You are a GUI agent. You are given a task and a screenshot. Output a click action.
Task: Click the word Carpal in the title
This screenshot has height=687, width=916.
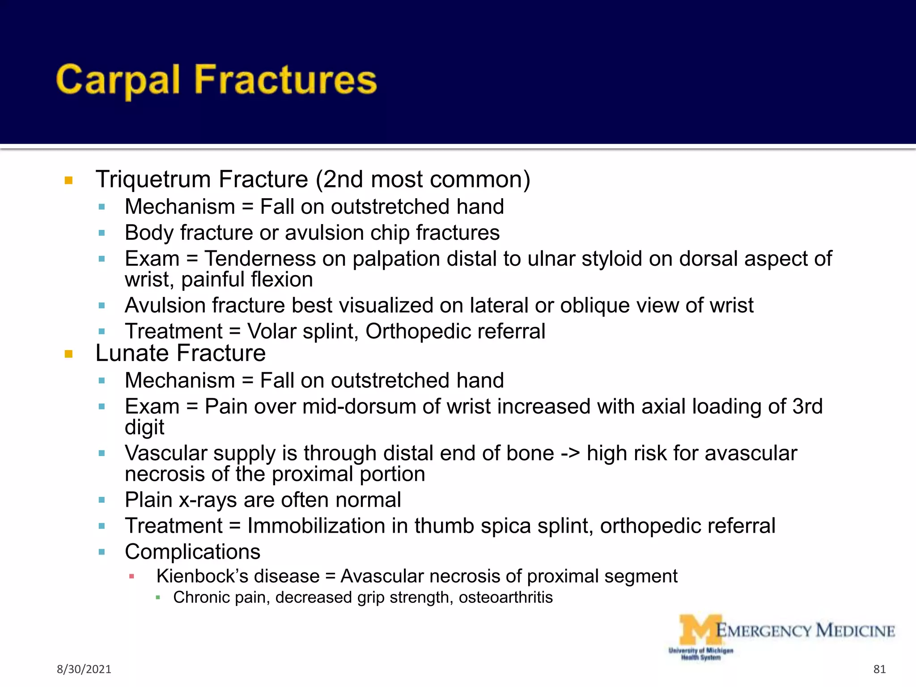point(118,81)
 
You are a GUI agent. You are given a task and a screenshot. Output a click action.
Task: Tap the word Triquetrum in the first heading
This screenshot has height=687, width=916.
point(153,179)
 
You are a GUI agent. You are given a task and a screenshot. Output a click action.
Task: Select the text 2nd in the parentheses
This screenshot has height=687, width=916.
point(343,179)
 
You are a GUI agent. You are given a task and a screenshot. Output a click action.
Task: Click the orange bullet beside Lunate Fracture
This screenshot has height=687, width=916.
point(68,354)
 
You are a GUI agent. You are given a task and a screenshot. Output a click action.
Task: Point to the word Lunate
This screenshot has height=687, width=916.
point(133,353)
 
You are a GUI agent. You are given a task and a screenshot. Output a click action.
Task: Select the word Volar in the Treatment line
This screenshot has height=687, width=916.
point(272,331)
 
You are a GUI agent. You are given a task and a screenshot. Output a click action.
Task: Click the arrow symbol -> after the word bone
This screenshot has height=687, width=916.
point(570,453)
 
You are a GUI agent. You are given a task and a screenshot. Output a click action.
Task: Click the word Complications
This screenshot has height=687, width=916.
point(192,552)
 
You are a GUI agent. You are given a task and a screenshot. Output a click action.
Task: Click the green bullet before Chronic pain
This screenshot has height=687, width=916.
point(158,598)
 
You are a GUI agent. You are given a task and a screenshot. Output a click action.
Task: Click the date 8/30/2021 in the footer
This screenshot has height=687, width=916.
point(84,669)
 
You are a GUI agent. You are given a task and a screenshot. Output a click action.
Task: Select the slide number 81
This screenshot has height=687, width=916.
point(879,669)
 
